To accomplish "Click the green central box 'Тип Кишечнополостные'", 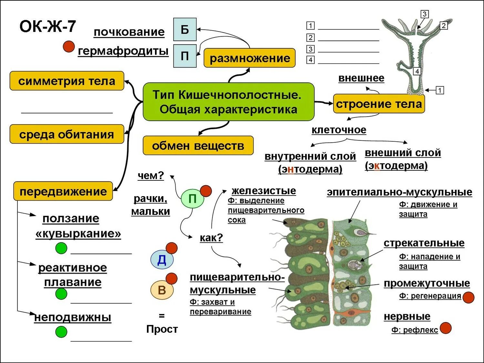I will click(228, 102).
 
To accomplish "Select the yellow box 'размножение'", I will click(250, 58).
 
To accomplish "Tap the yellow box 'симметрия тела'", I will click(67, 81).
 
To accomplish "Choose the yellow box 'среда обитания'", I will click(67, 134).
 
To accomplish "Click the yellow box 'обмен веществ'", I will click(198, 146).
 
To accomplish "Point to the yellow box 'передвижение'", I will click(63, 191).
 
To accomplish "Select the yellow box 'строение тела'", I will click(379, 104).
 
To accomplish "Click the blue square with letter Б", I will click(185, 29).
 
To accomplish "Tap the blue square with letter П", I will click(185, 56).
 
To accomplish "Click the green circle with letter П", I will click(192, 199).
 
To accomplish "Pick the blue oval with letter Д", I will click(162, 260).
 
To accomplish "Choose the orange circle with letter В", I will click(162, 290).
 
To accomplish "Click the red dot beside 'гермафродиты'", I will click(69, 46).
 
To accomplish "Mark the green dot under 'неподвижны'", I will click(61, 332).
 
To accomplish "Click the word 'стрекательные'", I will click(424, 243).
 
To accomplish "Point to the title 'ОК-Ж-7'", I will click(48, 26).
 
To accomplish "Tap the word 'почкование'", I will click(129, 32).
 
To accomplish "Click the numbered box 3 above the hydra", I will click(425, 14).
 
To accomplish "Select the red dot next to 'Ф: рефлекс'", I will click(446, 328).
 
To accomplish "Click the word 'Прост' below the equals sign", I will click(162, 329).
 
